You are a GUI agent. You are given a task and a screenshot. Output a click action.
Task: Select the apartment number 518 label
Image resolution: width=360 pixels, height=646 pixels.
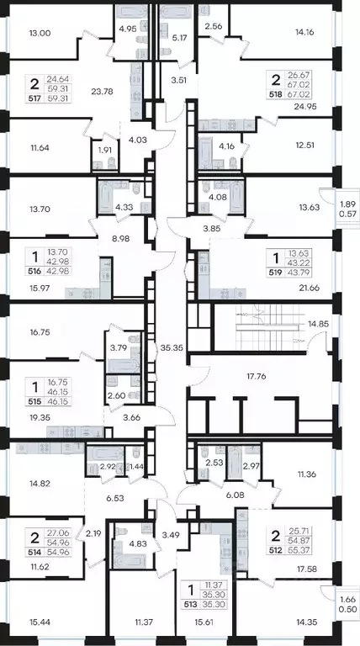pos(276,94)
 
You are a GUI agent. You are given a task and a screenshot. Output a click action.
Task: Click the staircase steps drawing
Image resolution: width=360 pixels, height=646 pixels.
pos(267,328)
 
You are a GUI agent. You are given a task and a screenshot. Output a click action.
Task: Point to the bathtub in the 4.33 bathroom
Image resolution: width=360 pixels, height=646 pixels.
pos(106,199)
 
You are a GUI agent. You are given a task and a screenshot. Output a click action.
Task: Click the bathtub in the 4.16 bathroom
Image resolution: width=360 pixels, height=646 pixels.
pos(206,153)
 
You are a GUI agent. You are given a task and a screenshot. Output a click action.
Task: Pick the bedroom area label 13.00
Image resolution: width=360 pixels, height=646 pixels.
pos(40,34)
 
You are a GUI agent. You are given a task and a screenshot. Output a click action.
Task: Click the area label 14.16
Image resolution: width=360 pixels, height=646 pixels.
pos(304,31)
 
